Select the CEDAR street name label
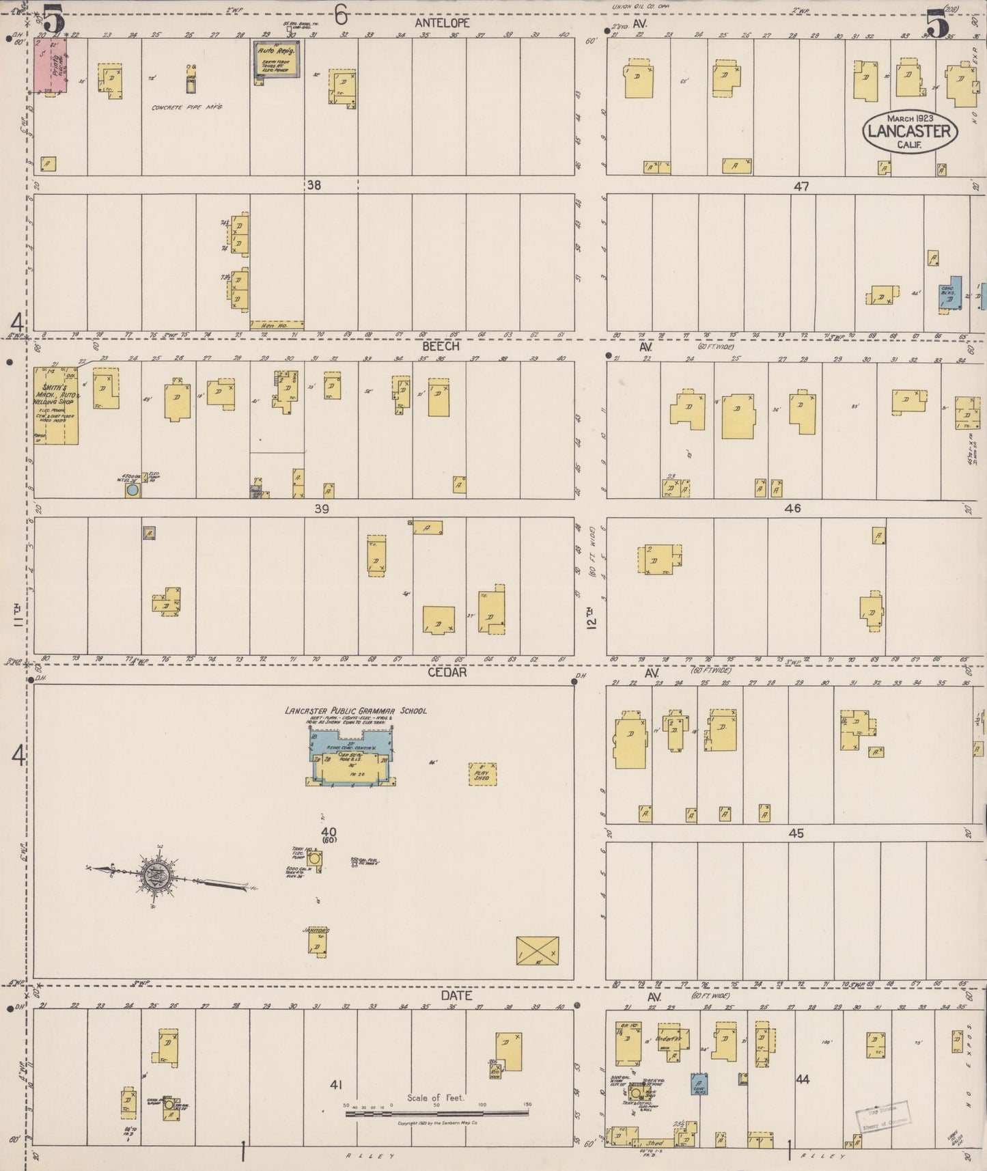[x=447, y=672]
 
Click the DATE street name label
[x=456, y=995]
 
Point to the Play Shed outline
[x=482, y=773]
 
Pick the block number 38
[x=314, y=184]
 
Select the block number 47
[x=801, y=186]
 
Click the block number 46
[x=792, y=508]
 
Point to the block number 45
[x=796, y=834]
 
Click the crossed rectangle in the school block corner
[x=537, y=951]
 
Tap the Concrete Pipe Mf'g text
[x=187, y=107]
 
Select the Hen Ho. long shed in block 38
[x=277, y=325]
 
